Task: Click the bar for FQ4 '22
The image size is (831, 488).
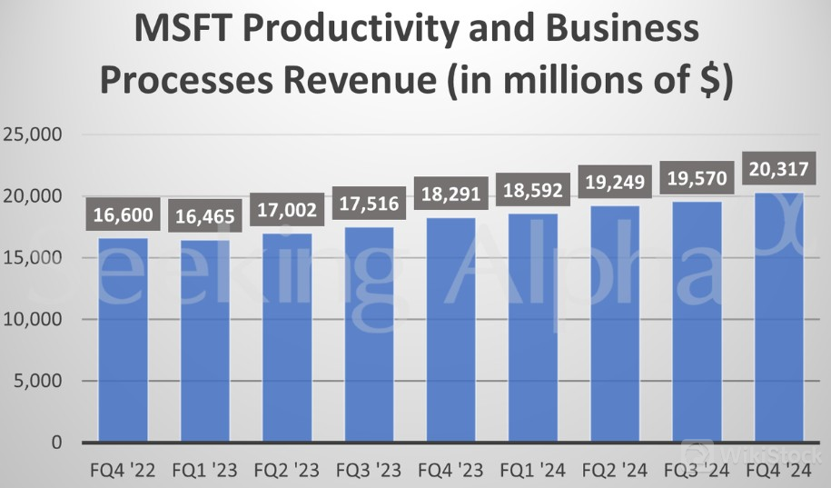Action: (x=124, y=341)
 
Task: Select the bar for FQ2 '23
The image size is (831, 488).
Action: (x=287, y=338)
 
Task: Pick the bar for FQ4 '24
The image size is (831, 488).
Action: (x=778, y=317)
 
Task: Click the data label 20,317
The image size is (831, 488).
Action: (x=779, y=170)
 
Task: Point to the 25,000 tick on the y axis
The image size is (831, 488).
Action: (x=33, y=134)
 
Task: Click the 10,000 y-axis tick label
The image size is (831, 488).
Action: (x=33, y=320)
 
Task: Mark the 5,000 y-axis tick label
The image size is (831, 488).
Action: (x=38, y=382)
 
